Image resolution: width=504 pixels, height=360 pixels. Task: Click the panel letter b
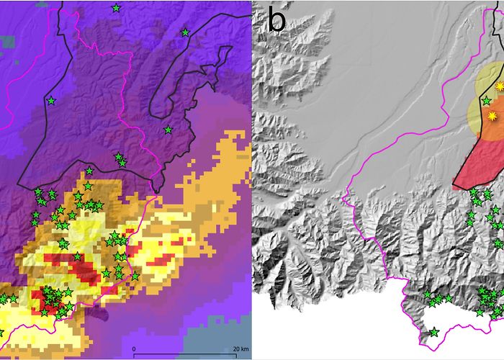(276, 19)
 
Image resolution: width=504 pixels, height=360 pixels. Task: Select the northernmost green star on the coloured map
(116, 8)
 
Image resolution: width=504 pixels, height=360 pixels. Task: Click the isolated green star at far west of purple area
(51, 101)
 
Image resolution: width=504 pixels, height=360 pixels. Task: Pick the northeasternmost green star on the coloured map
(185, 32)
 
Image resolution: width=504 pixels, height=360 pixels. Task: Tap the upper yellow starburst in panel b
(500, 86)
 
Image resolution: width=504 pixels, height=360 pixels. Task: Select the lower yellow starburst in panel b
(492, 116)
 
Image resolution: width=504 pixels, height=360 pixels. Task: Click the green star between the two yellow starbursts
(486, 101)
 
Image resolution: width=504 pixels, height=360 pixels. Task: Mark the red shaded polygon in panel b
(479, 162)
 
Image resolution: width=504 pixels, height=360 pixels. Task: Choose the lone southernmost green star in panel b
(434, 332)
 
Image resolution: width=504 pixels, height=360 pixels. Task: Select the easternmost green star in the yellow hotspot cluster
(135, 276)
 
